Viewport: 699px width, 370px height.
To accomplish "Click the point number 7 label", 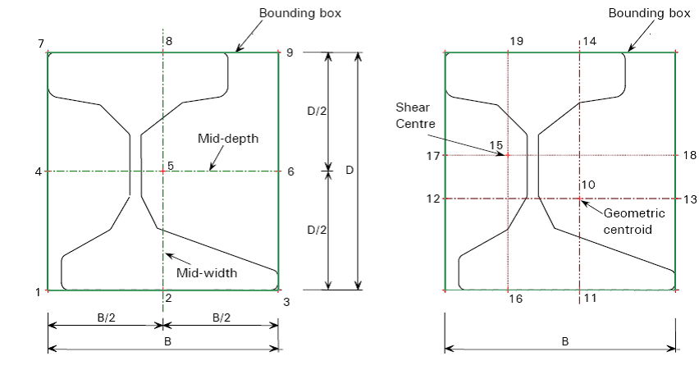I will click(39, 42).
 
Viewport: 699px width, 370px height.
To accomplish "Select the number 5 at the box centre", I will click(170, 166).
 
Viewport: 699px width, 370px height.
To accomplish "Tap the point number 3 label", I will click(286, 302).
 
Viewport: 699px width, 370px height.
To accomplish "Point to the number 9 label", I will click(289, 52).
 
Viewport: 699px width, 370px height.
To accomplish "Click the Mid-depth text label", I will click(228, 139).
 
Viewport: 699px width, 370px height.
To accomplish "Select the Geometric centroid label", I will click(628, 222).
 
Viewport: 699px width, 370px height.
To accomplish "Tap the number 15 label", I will click(496, 145).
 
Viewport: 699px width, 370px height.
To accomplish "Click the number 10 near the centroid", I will click(588, 185).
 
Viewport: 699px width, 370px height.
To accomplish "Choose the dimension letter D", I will click(349, 171).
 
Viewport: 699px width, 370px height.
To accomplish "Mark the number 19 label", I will click(516, 40).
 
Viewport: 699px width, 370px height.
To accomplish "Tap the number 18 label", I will click(689, 154).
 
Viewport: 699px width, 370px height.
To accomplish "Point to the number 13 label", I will click(689, 199).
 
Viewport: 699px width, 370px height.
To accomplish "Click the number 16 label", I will click(516, 299).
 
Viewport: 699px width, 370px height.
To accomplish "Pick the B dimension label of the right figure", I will click(564, 340).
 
